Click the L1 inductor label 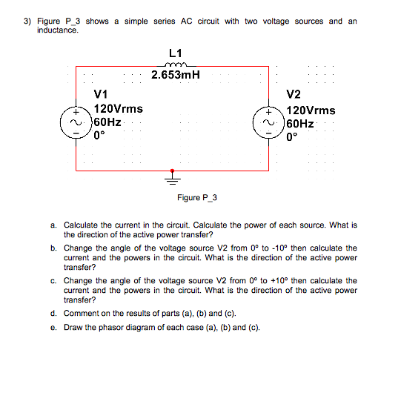(x=175, y=53)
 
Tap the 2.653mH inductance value (x=176, y=76)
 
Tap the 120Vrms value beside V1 (x=119, y=108)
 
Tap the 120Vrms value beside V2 (x=311, y=108)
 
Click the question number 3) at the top (x=26, y=21)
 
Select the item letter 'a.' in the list (x=54, y=224)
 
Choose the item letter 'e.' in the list (x=54, y=327)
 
